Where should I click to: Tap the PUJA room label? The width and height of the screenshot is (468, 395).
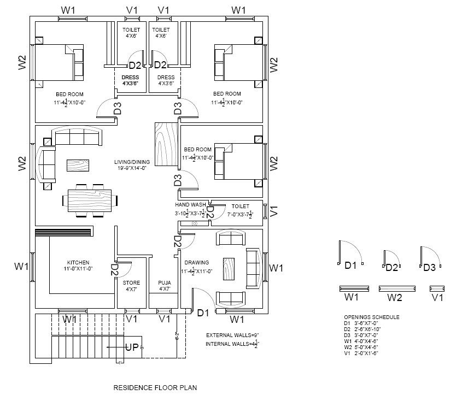(x=165, y=282)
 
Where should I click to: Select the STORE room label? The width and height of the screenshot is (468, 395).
(x=132, y=282)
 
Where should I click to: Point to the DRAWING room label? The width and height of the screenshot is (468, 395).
(x=193, y=262)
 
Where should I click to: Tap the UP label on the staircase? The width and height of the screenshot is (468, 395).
(x=132, y=347)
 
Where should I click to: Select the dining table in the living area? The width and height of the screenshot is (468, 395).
(x=92, y=201)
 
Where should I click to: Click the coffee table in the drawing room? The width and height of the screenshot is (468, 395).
(x=229, y=269)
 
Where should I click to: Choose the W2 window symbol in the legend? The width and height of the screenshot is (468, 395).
(x=399, y=288)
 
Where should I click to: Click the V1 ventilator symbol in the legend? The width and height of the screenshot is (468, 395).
(x=437, y=288)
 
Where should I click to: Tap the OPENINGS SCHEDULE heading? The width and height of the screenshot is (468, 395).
(x=371, y=317)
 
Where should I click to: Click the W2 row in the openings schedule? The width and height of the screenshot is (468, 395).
(x=361, y=347)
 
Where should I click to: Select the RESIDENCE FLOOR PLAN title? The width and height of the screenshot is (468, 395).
(x=155, y=387)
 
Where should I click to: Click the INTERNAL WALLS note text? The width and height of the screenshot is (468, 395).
(x=228, y=344)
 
